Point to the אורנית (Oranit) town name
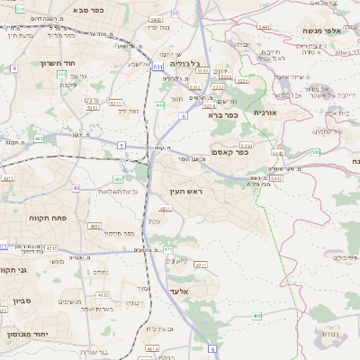[x=265, y=112]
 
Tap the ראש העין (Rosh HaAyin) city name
[x=185, y=193]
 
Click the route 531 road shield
[x=158, y=66]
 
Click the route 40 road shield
[x=76, y=188]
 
